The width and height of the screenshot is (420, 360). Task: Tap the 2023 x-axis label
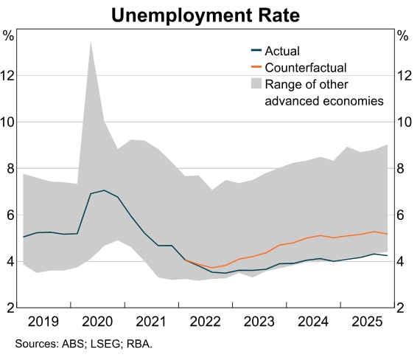point(260,322)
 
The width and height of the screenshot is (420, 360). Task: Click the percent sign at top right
point(402,35)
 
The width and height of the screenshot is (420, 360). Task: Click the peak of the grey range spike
point(91,42)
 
